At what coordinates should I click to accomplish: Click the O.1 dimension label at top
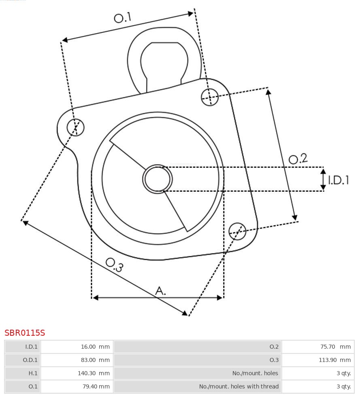pos(123,17)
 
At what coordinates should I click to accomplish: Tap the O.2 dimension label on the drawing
pos(298,159)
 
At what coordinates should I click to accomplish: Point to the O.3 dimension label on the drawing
pos(115,265)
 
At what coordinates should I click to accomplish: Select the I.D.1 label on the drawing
pos(339,180)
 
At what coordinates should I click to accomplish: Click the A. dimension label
pos(160,291)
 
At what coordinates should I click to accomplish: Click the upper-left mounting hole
pos(76,127)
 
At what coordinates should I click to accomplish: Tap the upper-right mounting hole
pos(210,97)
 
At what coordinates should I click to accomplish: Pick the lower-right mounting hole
pos(237,231)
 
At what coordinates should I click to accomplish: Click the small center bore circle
pos(157,179)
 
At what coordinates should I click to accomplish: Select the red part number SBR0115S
pos(25,333)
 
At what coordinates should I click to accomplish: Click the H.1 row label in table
pos(33,373)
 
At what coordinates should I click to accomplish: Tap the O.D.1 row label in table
pos(30,360)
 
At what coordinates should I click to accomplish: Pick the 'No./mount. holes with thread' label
pos(239,386)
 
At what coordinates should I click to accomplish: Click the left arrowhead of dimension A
pos(96,298)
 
